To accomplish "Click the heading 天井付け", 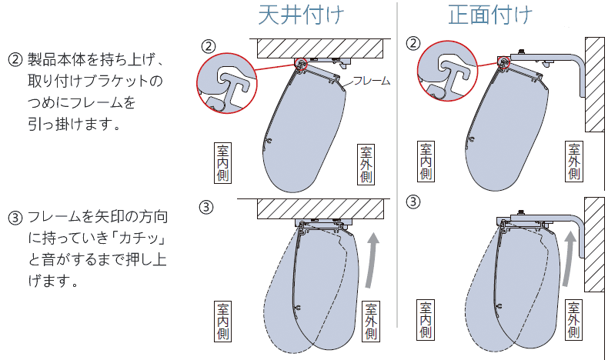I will point(301,15).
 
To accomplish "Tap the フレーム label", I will point(372,80).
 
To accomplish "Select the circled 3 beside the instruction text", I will point(15,217).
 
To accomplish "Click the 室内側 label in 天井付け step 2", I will point(222,162).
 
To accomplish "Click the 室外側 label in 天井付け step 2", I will point(365,162).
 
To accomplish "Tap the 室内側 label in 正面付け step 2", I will point(425,162).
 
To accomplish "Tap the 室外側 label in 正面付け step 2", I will point(573,162).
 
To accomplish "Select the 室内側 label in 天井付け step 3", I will point(222,321).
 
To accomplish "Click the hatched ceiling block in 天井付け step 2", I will point(320,47).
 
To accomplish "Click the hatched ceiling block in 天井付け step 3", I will point(320,208).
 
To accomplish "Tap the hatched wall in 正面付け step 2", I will point(595,85).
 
